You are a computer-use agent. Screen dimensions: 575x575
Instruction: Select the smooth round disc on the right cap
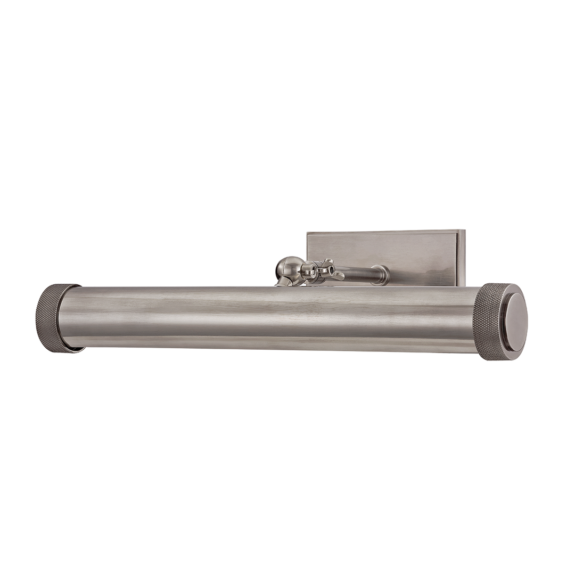pos(515,322)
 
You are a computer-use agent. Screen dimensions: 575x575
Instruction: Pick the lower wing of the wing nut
pos(337,277)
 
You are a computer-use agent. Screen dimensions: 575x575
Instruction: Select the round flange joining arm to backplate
pos(381,275)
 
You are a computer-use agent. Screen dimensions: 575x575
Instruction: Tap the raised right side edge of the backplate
pos(461,258)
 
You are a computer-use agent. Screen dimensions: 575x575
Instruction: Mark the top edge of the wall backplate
pos(383,232)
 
